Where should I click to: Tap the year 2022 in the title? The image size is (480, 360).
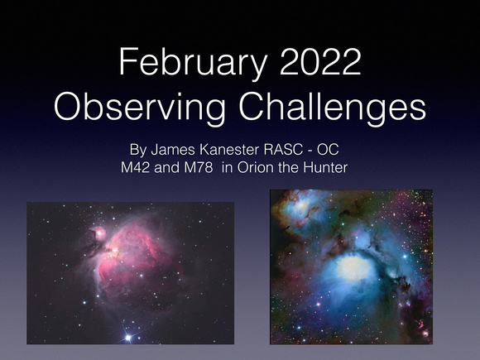[320, 61]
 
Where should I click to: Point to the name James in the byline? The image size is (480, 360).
[173, 150]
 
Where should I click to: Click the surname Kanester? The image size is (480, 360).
[229, 150]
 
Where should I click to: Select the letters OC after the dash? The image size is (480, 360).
[328, 150]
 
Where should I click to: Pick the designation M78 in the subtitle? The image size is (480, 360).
[198, 167]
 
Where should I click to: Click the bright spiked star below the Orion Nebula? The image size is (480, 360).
[128, 338]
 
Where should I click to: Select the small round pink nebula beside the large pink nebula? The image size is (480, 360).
[98, 233]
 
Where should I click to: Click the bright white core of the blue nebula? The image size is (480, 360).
[353, 268]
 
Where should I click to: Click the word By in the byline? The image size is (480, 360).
[138, 150]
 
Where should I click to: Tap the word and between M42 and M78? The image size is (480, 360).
[166, 167]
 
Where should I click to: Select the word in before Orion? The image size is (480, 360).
[227, 167]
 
